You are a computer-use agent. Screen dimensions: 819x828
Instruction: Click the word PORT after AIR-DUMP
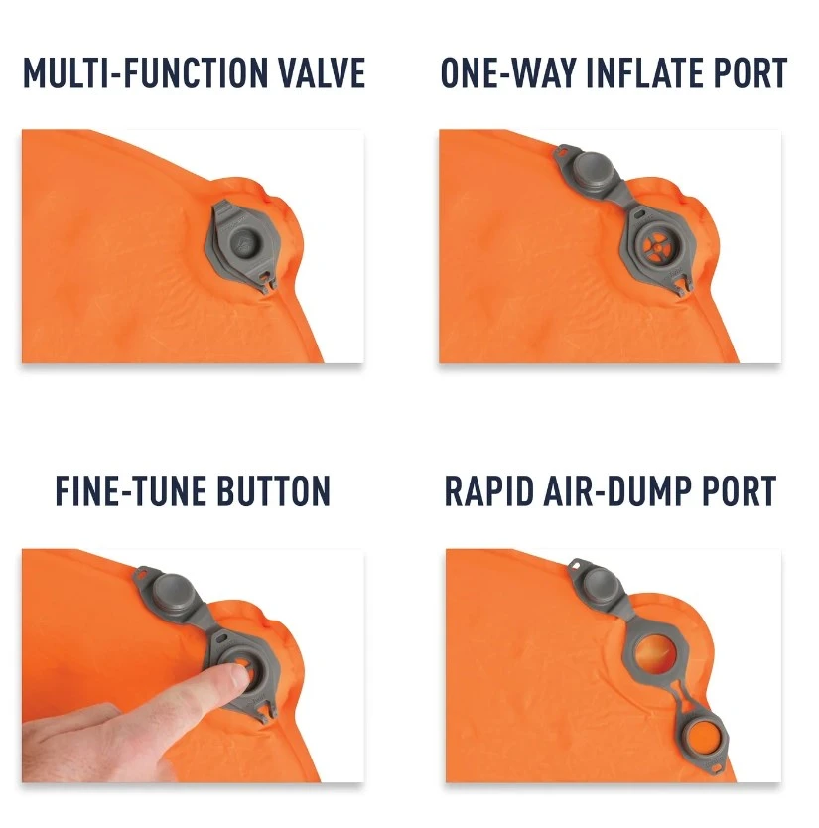(x=739, y=491)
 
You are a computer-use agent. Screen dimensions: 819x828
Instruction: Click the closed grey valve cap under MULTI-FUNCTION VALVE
(x=244, y=245)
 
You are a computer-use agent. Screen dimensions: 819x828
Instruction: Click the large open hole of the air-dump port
(x=655, y=655)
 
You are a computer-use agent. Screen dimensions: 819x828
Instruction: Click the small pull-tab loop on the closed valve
(x=267, y=280)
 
